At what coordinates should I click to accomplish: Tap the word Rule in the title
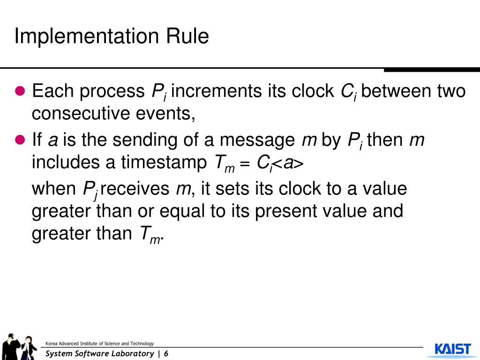pos(187,36)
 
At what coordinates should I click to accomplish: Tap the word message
pos(258,140)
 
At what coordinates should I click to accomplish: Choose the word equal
pos(182,211)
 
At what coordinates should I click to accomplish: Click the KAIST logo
pos(452,349)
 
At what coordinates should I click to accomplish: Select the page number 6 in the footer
pos(166,353)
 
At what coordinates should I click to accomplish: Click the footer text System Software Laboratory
pos(99,353)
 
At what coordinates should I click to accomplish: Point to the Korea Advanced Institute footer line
pos(99,344)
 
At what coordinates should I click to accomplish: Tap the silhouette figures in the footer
pos(20,347)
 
